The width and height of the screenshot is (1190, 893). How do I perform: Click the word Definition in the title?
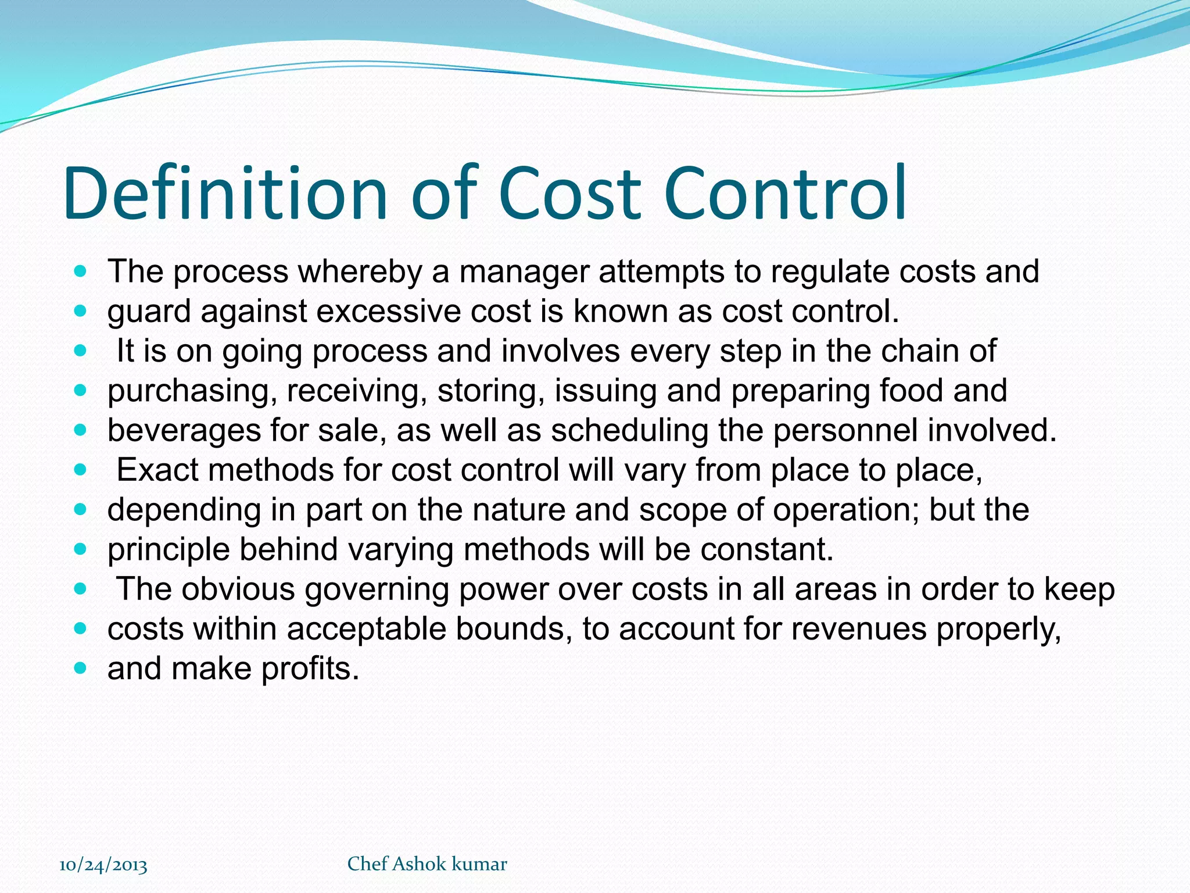point(225,193)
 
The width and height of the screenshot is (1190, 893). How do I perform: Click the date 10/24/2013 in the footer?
point(103,865)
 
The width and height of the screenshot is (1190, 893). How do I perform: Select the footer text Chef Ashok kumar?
point(427,864)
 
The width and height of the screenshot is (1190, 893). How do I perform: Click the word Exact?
point(157,470)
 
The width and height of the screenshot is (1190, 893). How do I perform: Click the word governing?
point(377,590)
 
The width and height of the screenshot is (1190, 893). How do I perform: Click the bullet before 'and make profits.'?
point(81,669)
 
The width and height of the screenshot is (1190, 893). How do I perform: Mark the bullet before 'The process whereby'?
point(81,272)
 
